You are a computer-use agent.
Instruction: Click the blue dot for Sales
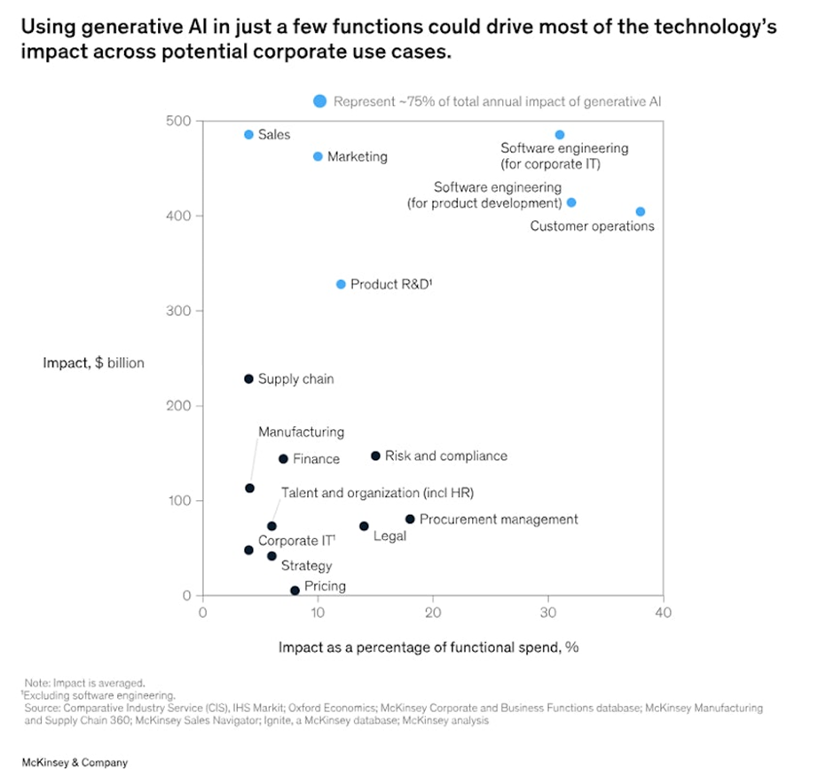248,135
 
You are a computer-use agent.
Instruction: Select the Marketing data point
318,156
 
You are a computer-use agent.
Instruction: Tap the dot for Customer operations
641,211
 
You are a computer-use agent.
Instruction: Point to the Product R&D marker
341,284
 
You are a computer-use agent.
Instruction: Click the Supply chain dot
248,379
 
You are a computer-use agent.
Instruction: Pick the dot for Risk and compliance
375,456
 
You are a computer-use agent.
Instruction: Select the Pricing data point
295,590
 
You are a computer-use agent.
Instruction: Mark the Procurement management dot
410,519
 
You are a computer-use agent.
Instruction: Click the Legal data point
364,526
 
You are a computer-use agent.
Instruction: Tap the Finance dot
283,459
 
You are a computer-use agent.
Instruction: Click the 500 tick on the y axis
180,121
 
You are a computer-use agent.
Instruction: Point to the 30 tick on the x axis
548,613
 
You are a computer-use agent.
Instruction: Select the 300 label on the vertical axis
180,311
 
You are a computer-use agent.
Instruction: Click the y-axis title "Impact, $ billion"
93,362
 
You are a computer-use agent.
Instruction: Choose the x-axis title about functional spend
429,646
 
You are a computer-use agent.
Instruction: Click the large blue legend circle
320,101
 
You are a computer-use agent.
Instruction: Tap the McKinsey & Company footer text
75,763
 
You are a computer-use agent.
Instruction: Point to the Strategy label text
306,566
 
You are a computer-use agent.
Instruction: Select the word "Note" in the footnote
36,683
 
